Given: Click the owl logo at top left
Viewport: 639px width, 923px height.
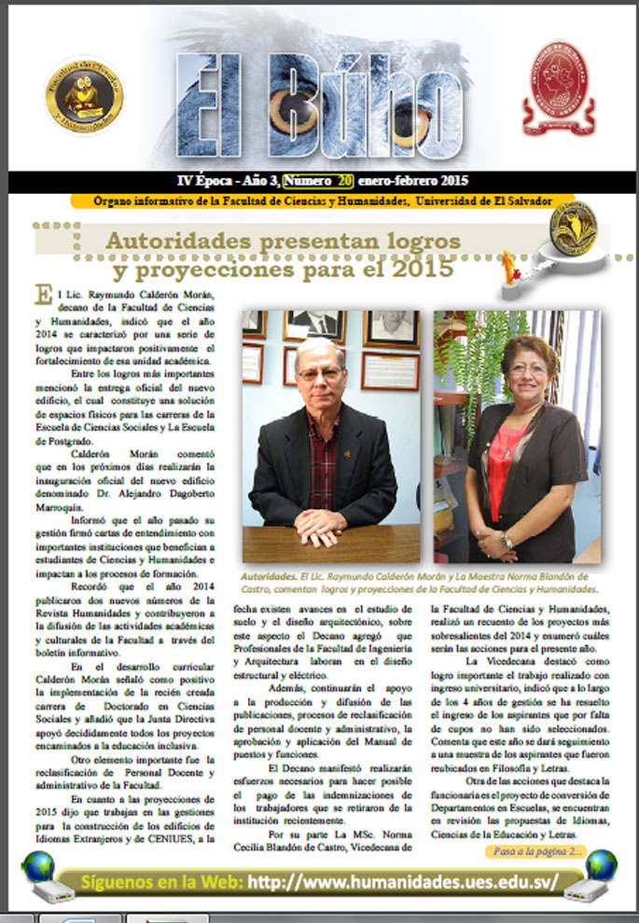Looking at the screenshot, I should (x=84, y=93).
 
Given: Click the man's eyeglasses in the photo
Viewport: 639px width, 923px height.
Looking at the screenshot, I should (x=320, y=373).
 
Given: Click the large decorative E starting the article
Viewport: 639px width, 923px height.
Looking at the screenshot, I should (x=42, y=295).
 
